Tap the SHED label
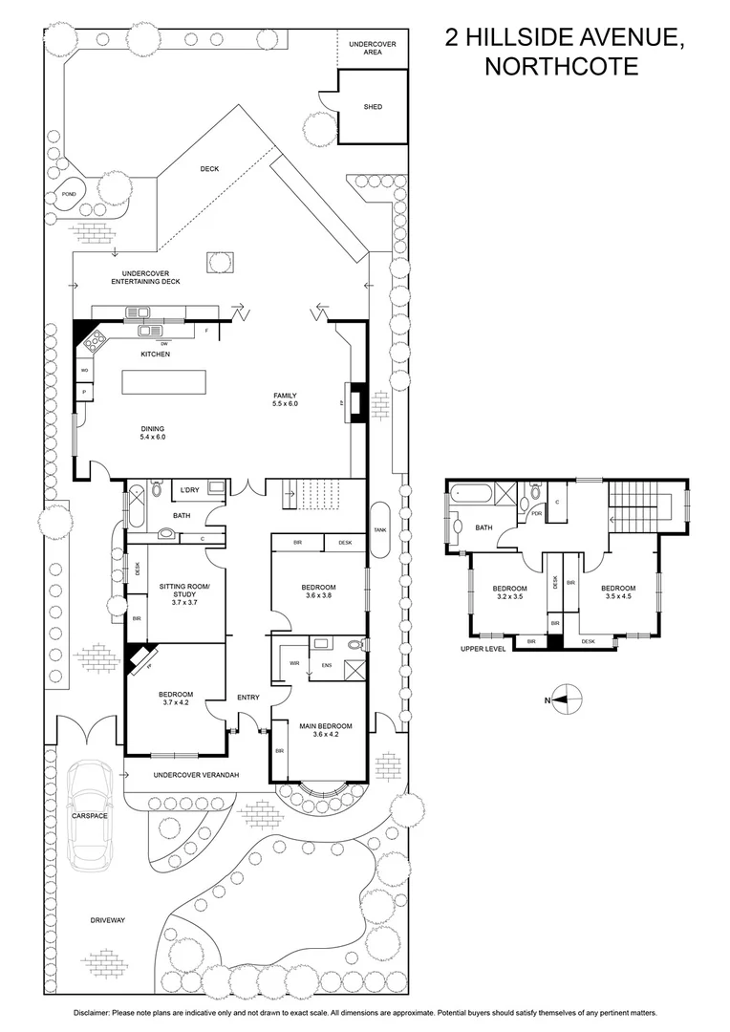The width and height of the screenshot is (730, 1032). pos(372,107)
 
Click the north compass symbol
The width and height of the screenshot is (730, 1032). pos(565,699)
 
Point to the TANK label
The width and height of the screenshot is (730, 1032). pos(380,529)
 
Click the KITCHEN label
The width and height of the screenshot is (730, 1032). pos(155,355)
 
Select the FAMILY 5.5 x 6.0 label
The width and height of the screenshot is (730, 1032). pos(286,399)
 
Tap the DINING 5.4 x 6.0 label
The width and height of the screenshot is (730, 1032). pos(153,433)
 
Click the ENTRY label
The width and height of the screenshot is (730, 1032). pos(248,697)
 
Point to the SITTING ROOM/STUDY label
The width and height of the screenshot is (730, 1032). pos(178,591)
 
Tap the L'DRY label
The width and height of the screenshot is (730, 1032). pos(189,490)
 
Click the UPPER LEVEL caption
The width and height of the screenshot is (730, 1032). pos(481,650)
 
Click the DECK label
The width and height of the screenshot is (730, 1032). pos(209,169)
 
